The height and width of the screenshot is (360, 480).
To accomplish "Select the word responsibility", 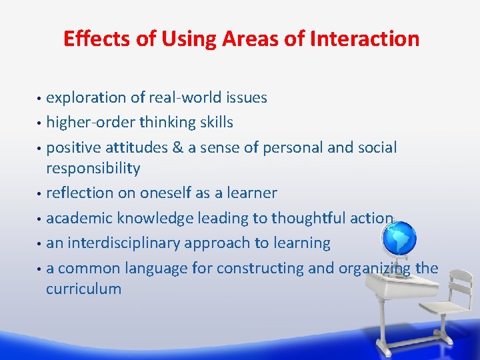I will [93, 169].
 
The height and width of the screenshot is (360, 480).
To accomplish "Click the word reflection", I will [80, 193].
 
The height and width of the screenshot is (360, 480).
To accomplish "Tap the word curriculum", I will [83, 289].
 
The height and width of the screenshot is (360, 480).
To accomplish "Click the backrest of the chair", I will [459, 281].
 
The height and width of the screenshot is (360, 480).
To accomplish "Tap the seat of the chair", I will [443, 308].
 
